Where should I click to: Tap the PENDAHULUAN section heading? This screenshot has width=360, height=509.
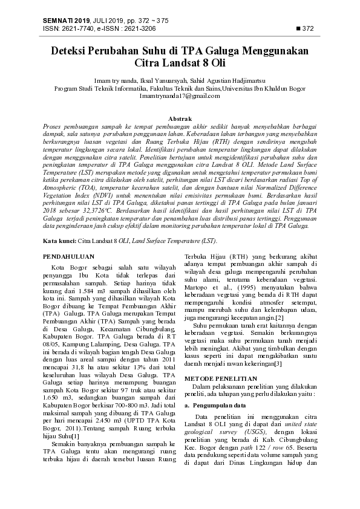[x=68, y=256]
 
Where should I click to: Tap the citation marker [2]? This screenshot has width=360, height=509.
[x=279, y=317]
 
